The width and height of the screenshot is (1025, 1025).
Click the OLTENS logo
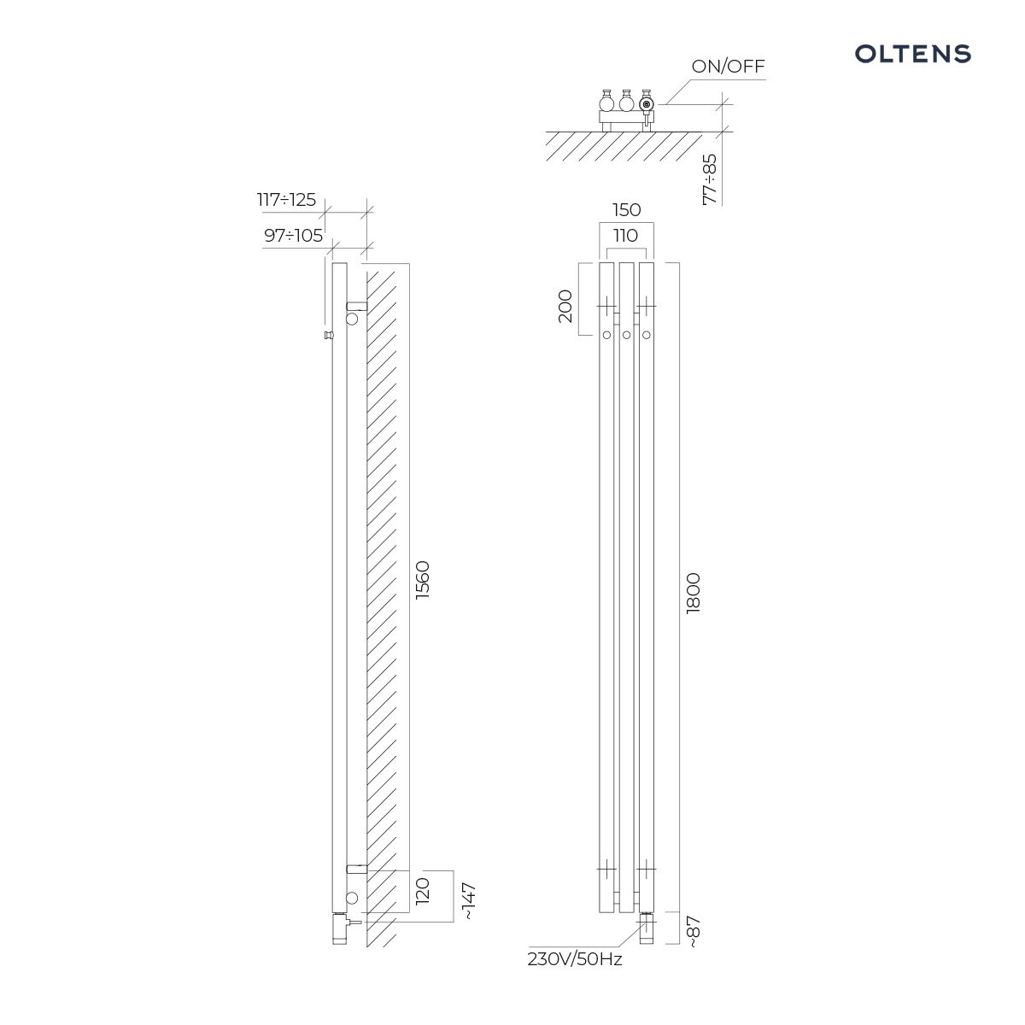coord(912,54)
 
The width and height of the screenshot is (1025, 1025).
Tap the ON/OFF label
coord(728,67)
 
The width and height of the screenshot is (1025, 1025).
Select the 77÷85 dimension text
coord(710,179)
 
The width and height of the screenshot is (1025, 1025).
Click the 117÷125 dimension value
coord(286,200)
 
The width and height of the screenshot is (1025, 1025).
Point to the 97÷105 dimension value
coord(293,235)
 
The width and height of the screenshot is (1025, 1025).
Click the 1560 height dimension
coord(422,580)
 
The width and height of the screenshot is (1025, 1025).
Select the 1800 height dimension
coord(693,594)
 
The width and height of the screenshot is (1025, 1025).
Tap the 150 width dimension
coord(627,210)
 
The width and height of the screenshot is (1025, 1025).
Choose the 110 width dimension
coord(625,235)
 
